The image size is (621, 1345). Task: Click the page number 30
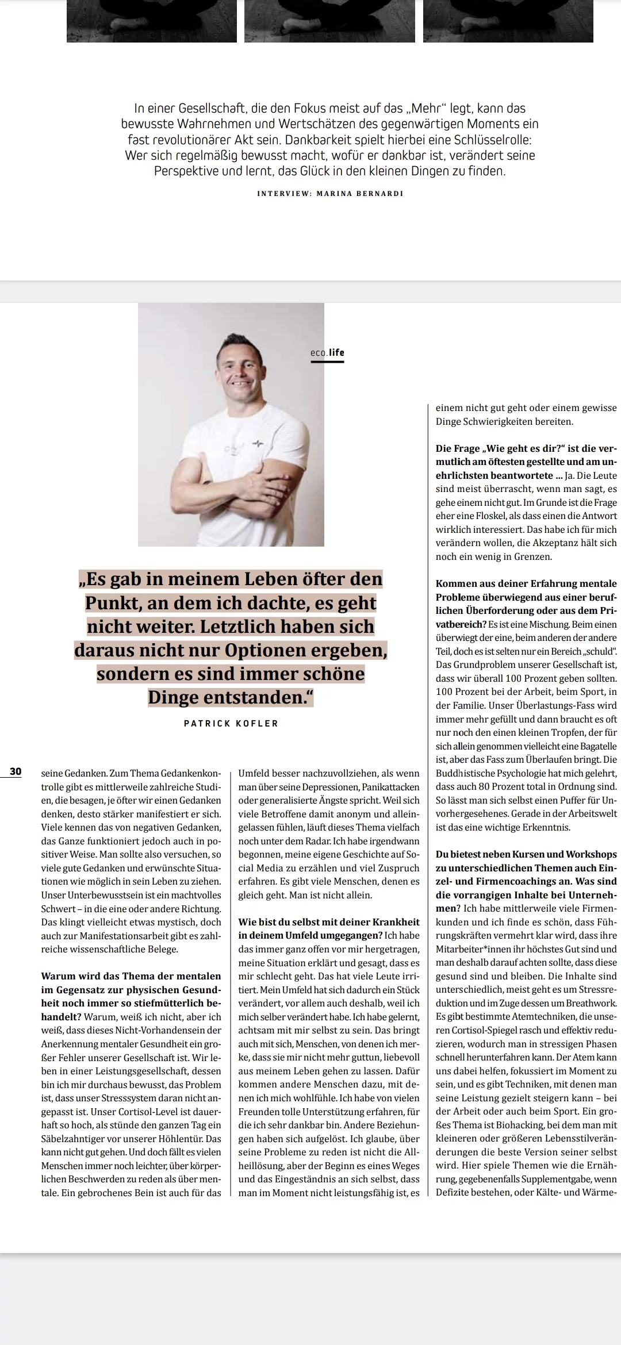16,771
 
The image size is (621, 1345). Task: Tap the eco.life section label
327,353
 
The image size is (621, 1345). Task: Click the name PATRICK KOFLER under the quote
231,724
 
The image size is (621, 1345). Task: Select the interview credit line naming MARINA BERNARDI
330,194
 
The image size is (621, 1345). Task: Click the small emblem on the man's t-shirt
258,444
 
